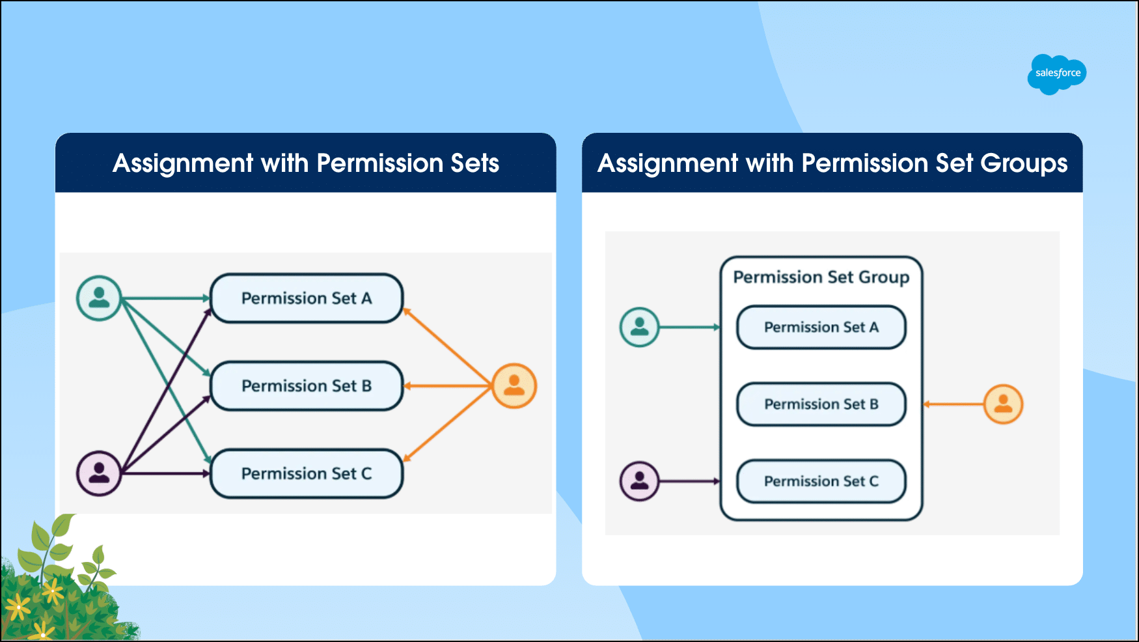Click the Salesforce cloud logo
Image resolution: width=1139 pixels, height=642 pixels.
click(1056, 74)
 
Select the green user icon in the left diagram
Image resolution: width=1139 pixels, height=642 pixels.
click(99, 298)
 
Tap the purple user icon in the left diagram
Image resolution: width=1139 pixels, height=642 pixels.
click(99, 473)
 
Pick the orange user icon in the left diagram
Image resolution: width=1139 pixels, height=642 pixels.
click(514, 386)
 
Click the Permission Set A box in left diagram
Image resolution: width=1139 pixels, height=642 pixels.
click(307, 298)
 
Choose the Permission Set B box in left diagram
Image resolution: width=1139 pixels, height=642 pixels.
click(307, 386)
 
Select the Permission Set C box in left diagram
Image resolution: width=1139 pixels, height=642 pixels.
click(307, 473)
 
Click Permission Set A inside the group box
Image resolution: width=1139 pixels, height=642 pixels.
click(821, 328)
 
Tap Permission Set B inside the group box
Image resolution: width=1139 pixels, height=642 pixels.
click(821, 404)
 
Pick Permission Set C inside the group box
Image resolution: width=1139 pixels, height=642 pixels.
click(821, 481)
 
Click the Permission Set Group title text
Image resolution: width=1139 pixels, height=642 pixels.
click(821, 277)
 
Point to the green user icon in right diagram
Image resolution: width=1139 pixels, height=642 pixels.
click(639, 327)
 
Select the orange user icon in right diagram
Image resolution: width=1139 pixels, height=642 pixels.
click(1003, 404)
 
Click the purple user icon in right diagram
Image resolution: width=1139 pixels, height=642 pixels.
click(639, 481)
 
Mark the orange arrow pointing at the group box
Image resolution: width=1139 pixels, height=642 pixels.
click(954, 404)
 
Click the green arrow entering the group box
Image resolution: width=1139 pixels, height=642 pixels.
click(690, 327)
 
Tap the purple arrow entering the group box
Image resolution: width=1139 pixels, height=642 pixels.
click(690, 481)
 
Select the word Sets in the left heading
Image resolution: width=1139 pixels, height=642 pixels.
click(474, 163)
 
